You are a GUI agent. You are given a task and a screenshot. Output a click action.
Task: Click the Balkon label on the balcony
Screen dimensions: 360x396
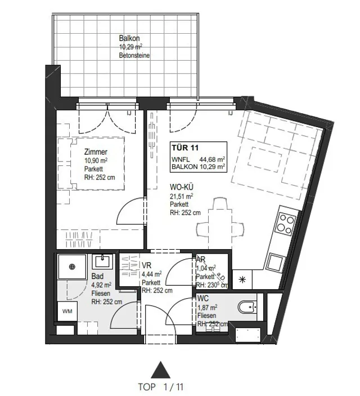point(129,38)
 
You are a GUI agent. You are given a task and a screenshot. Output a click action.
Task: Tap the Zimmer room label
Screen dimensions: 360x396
point(96,152)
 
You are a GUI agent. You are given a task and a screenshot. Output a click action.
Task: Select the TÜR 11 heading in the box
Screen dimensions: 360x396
point(185,147)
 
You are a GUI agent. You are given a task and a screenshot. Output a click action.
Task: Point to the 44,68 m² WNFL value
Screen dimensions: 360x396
point(212,160)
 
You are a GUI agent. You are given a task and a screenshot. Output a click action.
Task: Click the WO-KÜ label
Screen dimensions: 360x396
point(182,187)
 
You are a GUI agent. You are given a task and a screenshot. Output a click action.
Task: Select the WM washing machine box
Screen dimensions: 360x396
point(67,311)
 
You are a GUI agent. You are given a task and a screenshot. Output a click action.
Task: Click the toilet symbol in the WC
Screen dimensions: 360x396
point(247,307)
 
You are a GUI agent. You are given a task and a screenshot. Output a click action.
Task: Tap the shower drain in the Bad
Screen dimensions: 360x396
point(72,267)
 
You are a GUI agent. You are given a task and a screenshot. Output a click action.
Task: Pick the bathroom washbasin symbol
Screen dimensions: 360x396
point(102,261)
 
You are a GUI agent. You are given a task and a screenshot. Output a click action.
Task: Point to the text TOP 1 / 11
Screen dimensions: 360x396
point(161,387)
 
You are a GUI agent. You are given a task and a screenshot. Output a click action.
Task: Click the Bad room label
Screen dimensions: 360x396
point(97,276)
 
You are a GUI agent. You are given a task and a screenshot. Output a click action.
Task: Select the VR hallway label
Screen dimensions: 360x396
point(146,265)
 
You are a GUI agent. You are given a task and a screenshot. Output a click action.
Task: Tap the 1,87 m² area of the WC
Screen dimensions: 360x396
point(207,307)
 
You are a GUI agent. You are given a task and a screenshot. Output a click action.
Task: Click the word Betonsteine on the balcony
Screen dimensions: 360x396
point(134,55)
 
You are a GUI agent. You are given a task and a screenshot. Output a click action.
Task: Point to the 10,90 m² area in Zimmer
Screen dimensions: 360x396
point(96,160)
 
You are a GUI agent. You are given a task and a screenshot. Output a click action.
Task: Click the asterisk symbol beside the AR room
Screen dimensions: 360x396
point(242,280)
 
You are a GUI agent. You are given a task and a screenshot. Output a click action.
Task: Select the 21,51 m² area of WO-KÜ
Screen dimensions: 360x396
point(181,196)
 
